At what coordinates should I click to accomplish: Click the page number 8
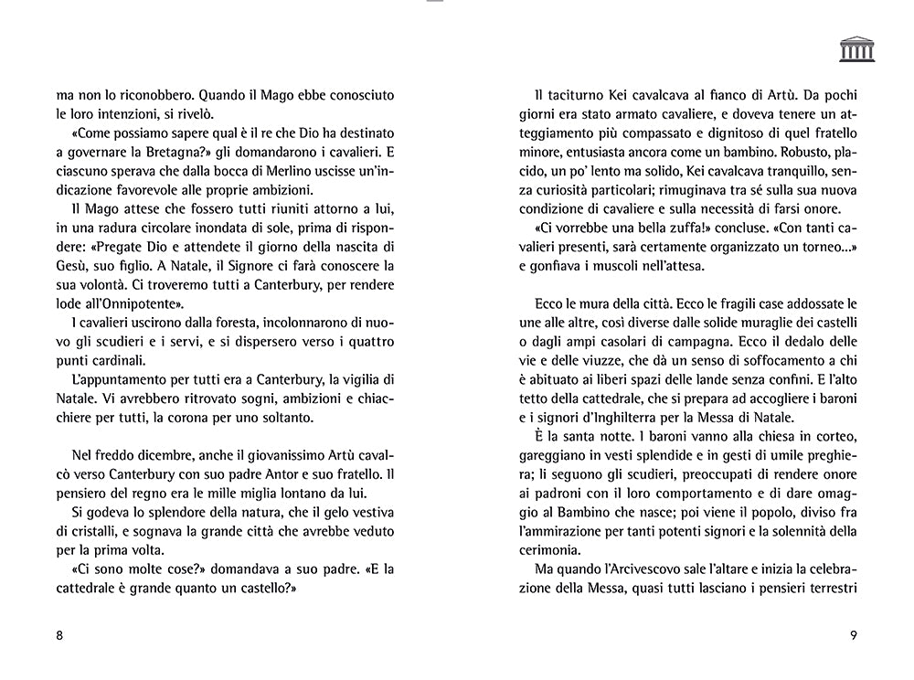[59, 637]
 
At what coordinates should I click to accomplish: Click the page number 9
[853, 637]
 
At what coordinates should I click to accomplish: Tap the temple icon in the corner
[856, 49]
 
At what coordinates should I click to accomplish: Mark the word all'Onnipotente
[127, 303]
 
